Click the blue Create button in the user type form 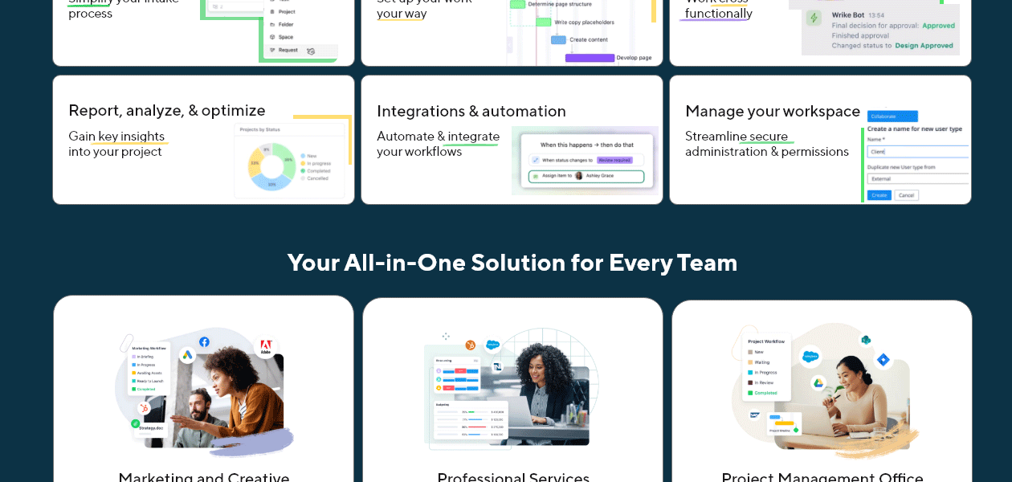(x=879, y=195)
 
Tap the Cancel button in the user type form (x=906, y=195)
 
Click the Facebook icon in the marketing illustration (x=204, y=341)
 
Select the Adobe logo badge (x=266, y=347)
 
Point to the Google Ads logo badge (x=187, y=355)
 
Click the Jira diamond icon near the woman (x=883, y=360)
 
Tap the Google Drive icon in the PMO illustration (x=818, y=383)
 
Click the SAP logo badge (x=755, y=415)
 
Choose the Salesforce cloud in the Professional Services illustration (x=492, y=345)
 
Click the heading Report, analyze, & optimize (x=167, y=111)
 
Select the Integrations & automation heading (x=471, y=112)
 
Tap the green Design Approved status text (x=924, y=46)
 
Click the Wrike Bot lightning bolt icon (x=814, y=18)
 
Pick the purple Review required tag (x=614, y=161)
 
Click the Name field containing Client (x=917, y=151)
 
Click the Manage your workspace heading (x=773, y=112)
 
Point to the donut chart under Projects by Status (x=272, y=166)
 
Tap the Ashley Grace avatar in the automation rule (x=579, y=175)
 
